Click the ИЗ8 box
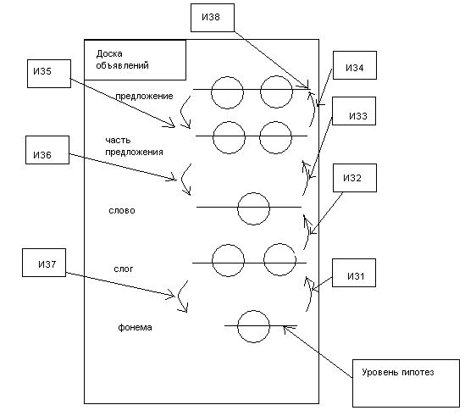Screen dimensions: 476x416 213,18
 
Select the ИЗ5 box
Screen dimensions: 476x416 49,74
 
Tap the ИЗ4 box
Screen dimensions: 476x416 355,65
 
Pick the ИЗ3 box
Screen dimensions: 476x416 354,111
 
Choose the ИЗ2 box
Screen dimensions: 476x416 355,178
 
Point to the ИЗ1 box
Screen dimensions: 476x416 354,273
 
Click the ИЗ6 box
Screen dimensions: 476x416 47,150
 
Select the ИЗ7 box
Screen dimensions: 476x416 44,263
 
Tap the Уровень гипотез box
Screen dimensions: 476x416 406,383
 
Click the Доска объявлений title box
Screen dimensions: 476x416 135,60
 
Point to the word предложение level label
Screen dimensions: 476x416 144,97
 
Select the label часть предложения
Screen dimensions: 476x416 134,146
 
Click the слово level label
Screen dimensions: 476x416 122,210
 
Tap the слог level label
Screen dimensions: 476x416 124,269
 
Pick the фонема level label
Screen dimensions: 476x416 135,327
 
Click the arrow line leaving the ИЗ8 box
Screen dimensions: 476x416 272,60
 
